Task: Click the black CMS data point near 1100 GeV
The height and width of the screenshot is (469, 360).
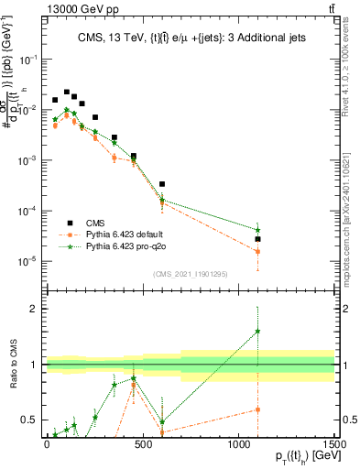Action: (258, 239)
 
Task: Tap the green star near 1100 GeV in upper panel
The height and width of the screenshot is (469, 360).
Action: (258, 230)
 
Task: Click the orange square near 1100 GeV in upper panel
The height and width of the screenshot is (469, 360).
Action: (258, 251)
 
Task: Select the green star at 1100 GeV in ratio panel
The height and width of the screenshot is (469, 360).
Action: (258, 332)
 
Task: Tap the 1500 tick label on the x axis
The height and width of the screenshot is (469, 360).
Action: (335, 444)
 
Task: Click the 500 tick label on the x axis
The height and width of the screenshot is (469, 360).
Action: (143, 444)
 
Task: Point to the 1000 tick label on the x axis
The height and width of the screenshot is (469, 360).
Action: (239, 444)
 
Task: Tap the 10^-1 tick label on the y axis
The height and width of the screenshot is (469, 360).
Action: (27, 59)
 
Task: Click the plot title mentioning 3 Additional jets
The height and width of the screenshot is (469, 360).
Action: (190, 38)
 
